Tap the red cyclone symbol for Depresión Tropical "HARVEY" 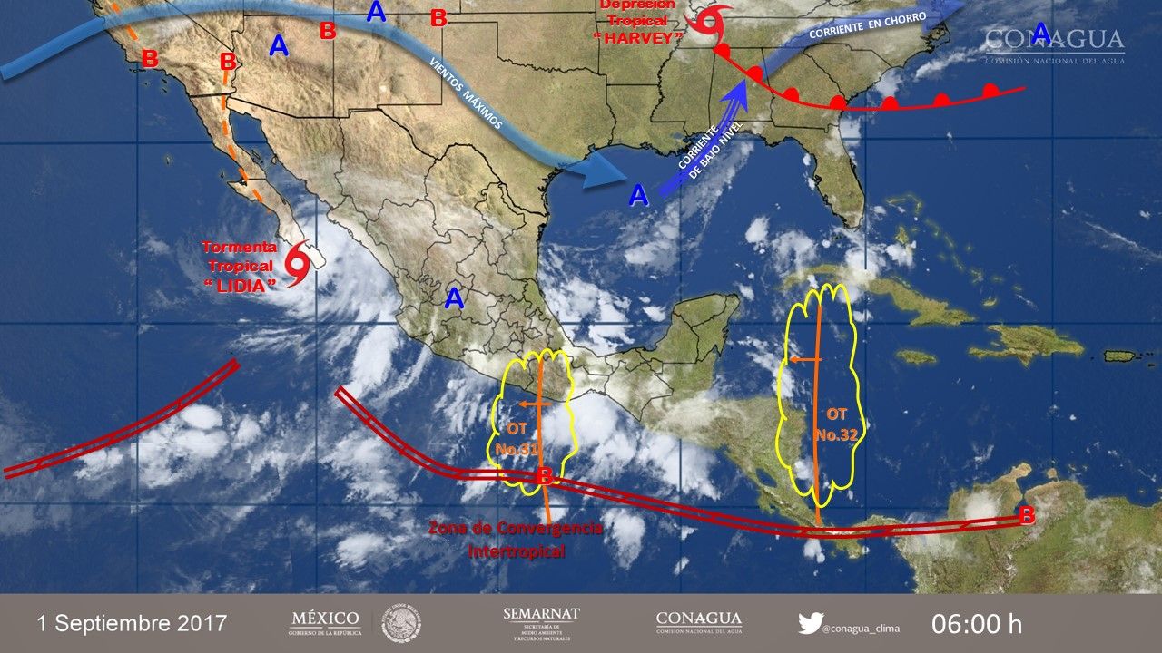point(709,21)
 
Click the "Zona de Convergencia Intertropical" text point(516,539)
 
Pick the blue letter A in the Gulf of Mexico point(639,194)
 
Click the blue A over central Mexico point(454,297)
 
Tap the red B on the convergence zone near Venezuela point(1027,515)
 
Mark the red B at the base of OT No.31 point(545,476)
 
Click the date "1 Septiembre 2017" point(133,623)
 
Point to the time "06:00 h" point(977,624)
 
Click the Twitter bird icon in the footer point(810,623)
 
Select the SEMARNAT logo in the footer point(541,623)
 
